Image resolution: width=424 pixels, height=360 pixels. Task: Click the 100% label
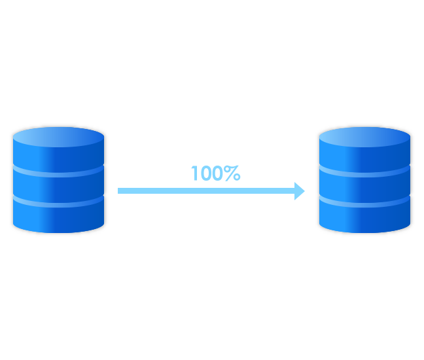tap(215, 173)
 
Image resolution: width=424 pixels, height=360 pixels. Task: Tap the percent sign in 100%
tap(233, 173)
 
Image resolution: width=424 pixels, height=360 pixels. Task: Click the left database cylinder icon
tap(59, 180)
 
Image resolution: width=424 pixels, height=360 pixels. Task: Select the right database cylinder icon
tap(364, 180)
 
